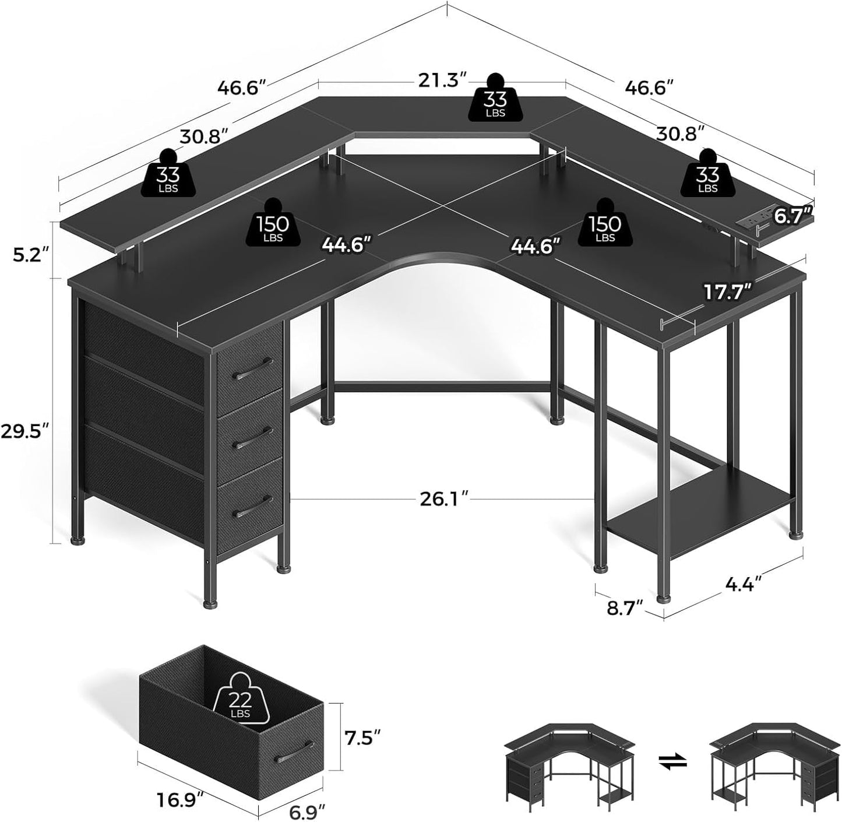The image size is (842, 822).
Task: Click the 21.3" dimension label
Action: [x=442, y=80]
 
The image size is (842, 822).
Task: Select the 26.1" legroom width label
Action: [x=445, y=500]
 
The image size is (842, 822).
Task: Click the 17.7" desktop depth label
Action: [x=726, y=292]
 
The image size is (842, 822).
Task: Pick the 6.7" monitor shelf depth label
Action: [x=792, y=216]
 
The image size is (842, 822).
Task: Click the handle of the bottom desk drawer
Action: [x=252, y=505]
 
